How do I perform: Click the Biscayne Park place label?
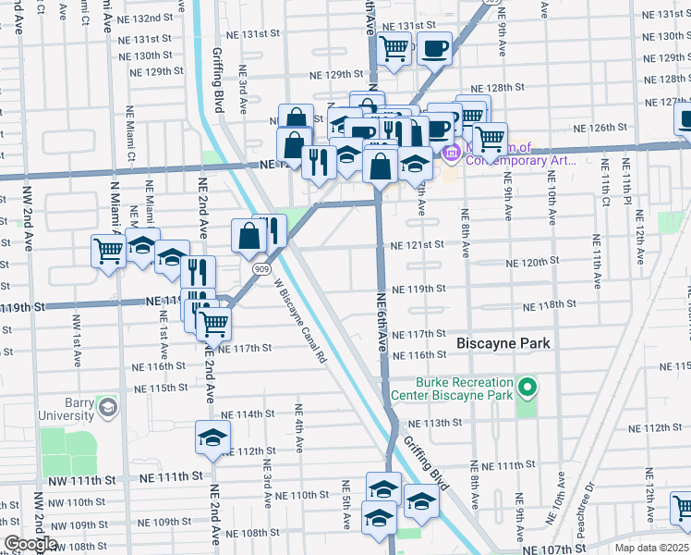503,343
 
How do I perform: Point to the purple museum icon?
452,153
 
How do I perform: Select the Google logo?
30,544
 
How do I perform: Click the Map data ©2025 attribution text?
650,548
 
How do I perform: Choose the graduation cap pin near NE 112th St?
212,438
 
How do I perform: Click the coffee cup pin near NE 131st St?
434,47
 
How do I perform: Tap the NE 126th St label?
600,128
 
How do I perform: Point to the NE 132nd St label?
152,18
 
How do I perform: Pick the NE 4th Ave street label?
298,427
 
